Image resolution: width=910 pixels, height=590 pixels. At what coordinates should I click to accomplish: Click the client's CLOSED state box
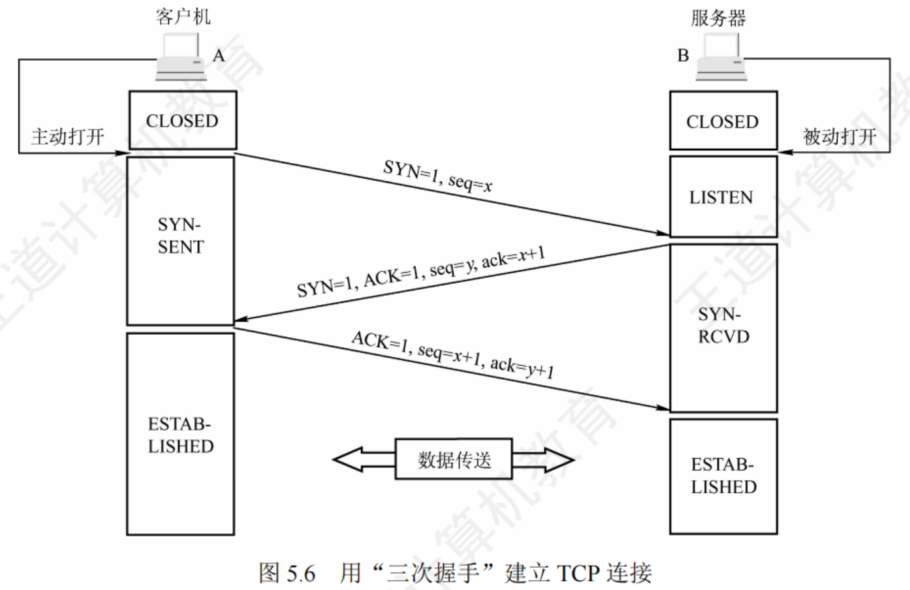coord(182,121)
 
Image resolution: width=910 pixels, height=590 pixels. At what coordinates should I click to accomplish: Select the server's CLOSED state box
coord(723,121)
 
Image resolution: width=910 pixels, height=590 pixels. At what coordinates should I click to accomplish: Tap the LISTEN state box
coord(722,197)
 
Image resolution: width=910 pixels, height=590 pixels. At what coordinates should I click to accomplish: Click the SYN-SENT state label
coord(180,236)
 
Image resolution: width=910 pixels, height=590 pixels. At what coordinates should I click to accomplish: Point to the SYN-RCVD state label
coord(723,326)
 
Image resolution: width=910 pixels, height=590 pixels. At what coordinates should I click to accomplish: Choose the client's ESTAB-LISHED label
coord(180,435)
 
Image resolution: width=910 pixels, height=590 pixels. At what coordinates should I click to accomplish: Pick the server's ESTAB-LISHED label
coord(723,476)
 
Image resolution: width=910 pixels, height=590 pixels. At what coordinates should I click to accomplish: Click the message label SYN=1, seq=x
coord(437,176)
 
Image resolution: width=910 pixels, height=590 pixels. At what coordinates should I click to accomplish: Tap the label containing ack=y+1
coord(452,355)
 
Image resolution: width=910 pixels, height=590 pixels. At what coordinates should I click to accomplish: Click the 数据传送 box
coord(454,460)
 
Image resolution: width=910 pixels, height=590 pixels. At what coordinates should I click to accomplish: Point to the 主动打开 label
coord(68,137)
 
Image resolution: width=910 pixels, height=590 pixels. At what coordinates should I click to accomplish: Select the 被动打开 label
coord(839,137)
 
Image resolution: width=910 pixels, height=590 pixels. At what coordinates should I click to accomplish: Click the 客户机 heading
coord(183,16)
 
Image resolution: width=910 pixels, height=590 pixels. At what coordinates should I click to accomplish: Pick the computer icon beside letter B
coord(721,58)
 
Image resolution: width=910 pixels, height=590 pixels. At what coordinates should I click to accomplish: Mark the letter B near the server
coord(683,55)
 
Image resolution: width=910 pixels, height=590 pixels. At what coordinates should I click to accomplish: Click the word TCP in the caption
coord(577,573)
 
